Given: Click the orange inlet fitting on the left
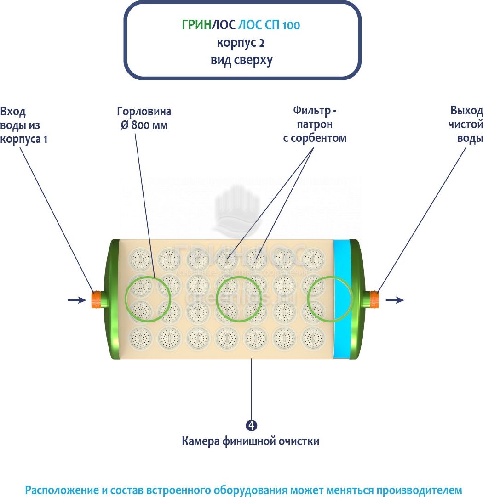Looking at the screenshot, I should (97, 299).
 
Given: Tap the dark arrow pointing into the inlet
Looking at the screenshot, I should (77, 300).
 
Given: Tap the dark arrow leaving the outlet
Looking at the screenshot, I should (395, 300).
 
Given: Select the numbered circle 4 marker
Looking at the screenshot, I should (251, 425).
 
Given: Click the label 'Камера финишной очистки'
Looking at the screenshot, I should (250, 441).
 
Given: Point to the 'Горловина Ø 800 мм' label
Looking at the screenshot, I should (144, 118).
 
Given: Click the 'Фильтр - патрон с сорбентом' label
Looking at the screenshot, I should (314, 124).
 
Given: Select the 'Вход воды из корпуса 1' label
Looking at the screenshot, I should (23, 125).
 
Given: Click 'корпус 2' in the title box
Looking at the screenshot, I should (241, 43).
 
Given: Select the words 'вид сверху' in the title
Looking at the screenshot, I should (241, 60).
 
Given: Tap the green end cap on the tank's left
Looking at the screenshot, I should (113, 299).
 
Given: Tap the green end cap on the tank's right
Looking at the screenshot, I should (357, 299).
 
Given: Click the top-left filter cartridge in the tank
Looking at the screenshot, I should (140, 259).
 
